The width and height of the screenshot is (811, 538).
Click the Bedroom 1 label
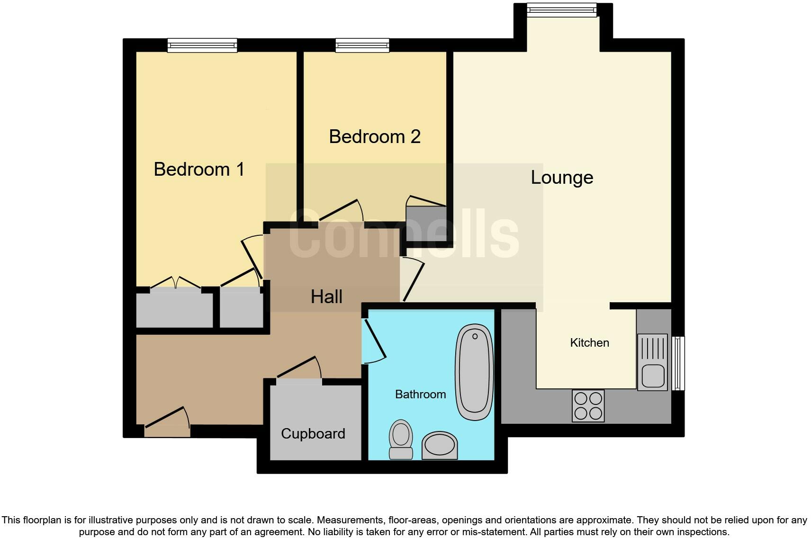point(199,170)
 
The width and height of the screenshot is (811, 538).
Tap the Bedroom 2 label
point(375,137)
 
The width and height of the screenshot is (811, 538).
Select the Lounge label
point(562,178)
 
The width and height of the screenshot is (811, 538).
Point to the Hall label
point(326,297)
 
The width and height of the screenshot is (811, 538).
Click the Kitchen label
point(589,342)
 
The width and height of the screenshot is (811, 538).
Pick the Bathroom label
point(420,394)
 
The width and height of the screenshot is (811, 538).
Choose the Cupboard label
point(313,433)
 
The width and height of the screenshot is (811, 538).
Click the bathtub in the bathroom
point(474,372)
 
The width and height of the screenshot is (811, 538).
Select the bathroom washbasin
point(440,445)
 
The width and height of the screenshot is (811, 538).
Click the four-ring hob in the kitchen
point(588,406)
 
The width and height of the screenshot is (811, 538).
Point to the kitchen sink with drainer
point(652,362)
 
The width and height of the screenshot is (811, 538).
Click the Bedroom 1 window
point(202,45)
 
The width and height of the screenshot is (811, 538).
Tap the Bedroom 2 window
point(362,45)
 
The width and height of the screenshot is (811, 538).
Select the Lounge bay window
point(562,10)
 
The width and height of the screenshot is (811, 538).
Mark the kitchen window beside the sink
point(679,363)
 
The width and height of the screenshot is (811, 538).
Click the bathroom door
point(374,340)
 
